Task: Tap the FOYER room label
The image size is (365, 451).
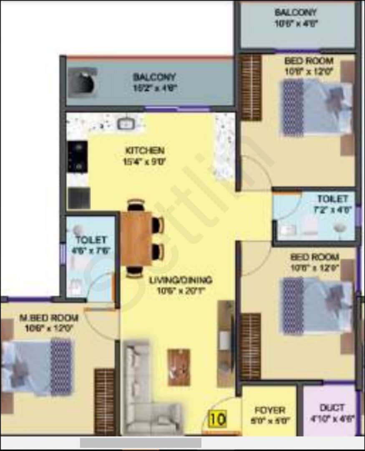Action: pyautogui.click(x=270, y=410)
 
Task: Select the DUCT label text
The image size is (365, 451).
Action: pyautogui.click(x=332, y=407)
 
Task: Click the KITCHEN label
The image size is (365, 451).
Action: pyautogui.click(x=145, y=150)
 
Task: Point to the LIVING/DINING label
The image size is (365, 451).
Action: pyautogui.click(x=181, y=280)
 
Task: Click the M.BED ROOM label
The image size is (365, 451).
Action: pyautogui.click(x=49, y=318)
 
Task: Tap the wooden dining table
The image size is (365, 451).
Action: pyautogui.click(x=136, y=238)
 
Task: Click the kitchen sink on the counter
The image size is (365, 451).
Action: pyautogui.click(x=125, y=123)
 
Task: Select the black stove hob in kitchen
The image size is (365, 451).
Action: pyautogui.click(x=78, y=157)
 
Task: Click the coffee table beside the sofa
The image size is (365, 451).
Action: pyautogui.click(x=179, y=367)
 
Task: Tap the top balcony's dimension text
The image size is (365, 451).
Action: pyautogui.click(x=296, y=23)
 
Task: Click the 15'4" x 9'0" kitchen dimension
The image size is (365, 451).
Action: pyautogui.click(x=145, y=161)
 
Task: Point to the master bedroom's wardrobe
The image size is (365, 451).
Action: pyautogui.click(x=104, y=401)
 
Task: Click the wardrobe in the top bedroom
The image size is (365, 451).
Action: pyautogui.click(x=251, y=87)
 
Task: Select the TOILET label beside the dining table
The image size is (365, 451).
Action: pyautogui.click(x=91, y=240)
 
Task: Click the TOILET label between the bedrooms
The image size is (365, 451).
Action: pyautogui.click(x=332, y=198)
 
